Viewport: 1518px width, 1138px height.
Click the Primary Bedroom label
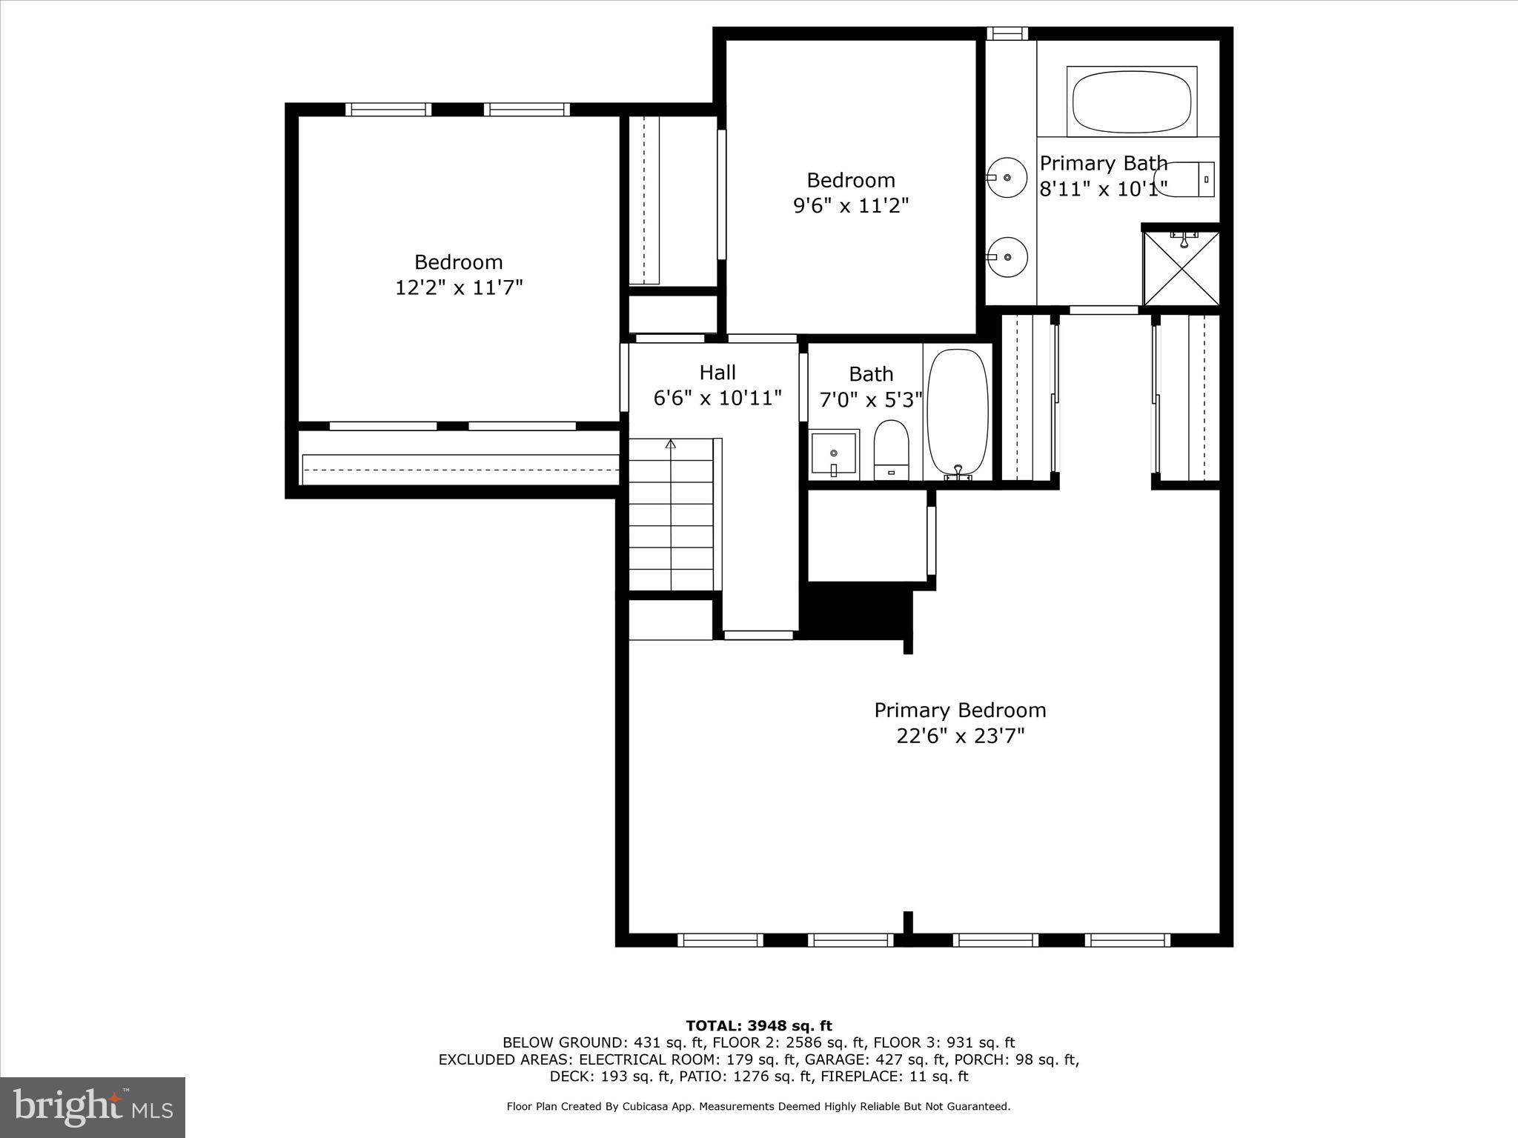coord(960,710)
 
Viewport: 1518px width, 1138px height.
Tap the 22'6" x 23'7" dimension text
coord(960,736)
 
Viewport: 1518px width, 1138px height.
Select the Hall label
coord(717,372)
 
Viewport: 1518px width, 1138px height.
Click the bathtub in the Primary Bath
coord(1131,102)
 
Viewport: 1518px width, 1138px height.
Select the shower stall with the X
coord(1181,268)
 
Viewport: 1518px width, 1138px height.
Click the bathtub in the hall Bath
coord(958,413)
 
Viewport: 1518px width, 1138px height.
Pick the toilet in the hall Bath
coord(891,450)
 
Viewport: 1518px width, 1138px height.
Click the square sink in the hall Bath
coord(834,453)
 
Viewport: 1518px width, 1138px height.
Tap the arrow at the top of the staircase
coord(671,444)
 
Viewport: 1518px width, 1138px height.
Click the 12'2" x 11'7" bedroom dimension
coord(459,287)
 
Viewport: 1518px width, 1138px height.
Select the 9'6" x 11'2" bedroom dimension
coord(851,205)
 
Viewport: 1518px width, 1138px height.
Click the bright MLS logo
coord(93,1107)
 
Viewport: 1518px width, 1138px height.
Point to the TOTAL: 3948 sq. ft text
coord(759,1025)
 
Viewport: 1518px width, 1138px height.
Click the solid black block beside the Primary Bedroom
coord(856,611)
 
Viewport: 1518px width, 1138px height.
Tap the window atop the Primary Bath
coord(1007,33)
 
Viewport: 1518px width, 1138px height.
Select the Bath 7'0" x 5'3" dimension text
coord(871,400)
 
